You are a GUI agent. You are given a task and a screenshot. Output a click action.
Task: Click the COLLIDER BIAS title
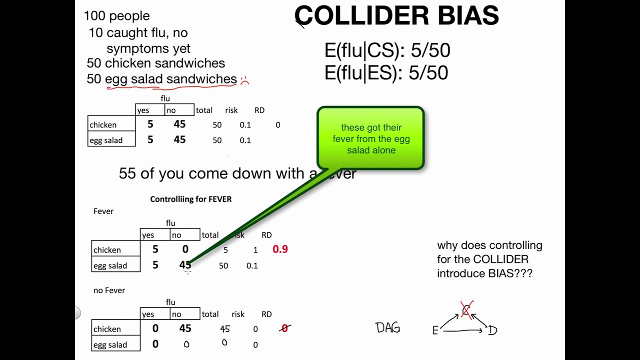tap(396, 16)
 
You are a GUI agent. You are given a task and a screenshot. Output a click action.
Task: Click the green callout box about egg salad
tap(370, 138)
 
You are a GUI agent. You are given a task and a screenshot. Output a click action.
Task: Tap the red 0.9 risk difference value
tap(280, 249)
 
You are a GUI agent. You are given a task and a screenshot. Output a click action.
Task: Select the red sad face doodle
tap(244, 80)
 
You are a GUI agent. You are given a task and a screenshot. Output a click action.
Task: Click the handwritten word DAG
tap(388, 328)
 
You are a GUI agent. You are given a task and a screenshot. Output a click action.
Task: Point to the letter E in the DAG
tap(435, 330)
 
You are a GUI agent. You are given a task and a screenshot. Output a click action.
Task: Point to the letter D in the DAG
tap(492, 330)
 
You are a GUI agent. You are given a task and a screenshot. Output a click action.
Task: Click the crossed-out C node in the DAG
tap(466, 310)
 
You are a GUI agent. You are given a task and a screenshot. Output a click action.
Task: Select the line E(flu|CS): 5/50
tap(387, 50)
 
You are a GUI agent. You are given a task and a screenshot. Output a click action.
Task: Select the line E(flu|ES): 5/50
tap(386, 73)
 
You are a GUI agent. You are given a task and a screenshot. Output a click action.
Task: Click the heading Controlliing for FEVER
tap(190, 199)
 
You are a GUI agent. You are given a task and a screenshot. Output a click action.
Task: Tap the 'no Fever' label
tap(109, 290)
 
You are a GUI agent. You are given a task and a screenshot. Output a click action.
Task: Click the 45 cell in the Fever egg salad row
tap(185, 265)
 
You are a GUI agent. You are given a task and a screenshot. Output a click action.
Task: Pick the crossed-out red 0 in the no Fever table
tap(284, 328)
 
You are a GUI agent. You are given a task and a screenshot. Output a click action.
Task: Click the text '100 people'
tap(116, 16)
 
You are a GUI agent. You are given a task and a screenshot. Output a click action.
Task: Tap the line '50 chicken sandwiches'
tap(155, 63)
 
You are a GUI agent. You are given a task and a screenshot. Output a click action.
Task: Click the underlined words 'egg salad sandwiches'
tap(170, 79)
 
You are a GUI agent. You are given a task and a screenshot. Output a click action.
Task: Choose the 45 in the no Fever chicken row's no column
tap(185, 328)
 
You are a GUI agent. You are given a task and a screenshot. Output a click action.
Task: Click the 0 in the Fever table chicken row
tap(185, 249)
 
